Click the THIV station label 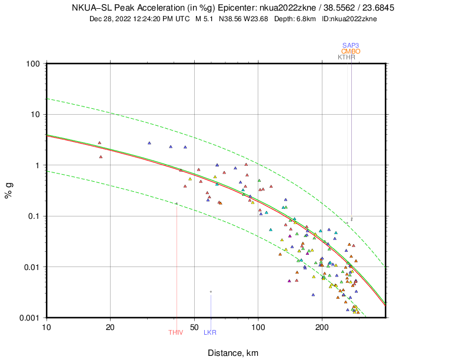[176, 333]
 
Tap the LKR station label [210, 333]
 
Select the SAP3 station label [351, 46]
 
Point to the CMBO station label [351, 52]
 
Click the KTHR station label [347, 58]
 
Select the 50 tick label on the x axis [194, 326]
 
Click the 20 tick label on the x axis [110, 326]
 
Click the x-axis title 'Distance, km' [232, 353]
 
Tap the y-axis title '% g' [9, 191]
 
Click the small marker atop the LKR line [211, 292]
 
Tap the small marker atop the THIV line [177, 204]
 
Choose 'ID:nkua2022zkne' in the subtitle [349, 19]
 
